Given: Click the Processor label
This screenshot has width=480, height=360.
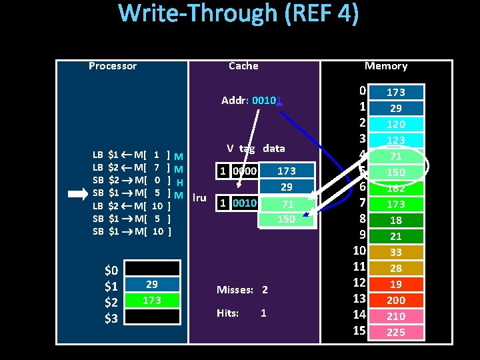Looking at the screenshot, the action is point(113,66).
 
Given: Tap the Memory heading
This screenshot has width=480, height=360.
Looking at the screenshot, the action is point(385,66).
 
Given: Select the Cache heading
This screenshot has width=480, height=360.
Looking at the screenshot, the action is point(243,66).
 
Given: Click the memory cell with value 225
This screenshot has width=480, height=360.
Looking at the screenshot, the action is point(396,332).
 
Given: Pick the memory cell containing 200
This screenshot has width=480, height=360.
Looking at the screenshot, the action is point(396,300).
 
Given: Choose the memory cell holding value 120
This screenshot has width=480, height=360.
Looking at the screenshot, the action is point(396,124).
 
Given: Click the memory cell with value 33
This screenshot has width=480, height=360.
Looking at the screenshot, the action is point(396,252).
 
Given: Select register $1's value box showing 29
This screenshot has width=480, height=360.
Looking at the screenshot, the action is point(152,284).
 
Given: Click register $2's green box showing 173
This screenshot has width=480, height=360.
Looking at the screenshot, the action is point(152,300).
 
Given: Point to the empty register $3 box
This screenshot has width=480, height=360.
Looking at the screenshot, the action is point(152,317).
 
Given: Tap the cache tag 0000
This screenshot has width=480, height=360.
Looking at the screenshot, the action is point(243,171).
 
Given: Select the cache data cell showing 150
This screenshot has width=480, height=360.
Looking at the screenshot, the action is point(286,219).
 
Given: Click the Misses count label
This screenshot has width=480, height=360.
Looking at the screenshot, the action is point(242,290).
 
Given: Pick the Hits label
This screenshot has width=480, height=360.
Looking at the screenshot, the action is point(228,313).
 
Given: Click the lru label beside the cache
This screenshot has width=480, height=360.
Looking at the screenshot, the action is point(199,197).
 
